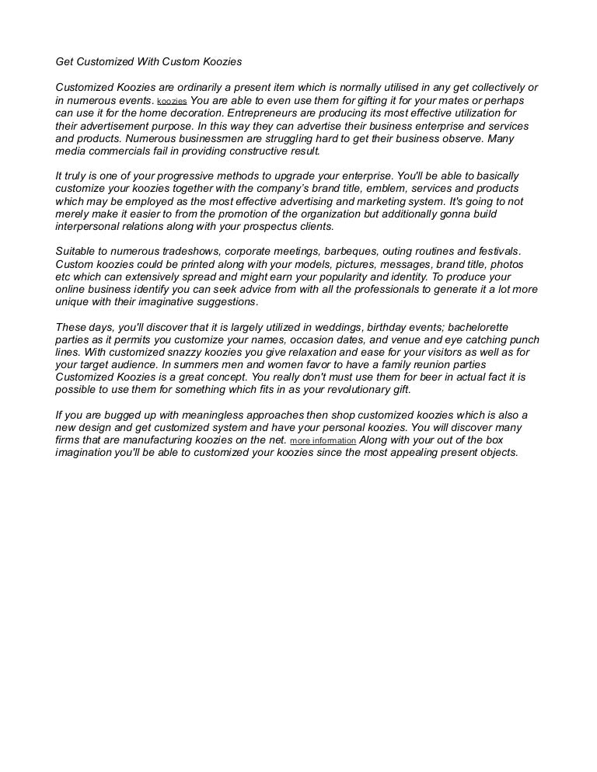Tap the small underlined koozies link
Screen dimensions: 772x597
tap(172, 102)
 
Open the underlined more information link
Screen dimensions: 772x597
tap(323, 440)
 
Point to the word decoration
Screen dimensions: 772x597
tap(186, 113)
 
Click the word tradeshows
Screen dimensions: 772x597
tap(193, 252)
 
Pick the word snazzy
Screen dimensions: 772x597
tap(183, 352)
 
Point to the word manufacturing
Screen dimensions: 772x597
tap(139, 440)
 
